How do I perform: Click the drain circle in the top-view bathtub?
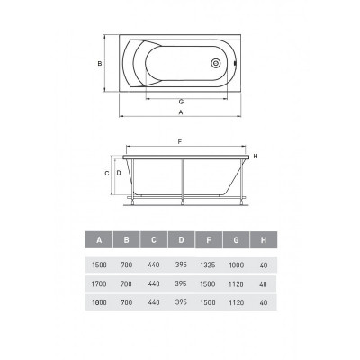point(216,63)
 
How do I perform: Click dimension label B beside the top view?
point(100,64)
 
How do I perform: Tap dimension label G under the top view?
point(181,102)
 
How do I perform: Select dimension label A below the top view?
point(181,112)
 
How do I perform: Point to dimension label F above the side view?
point(180,142)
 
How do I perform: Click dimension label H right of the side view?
point(256,157)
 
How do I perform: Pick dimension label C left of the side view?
point(107,174)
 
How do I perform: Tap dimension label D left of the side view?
point(119,173)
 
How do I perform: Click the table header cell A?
point(99,239)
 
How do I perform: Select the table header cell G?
point(236,239)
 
